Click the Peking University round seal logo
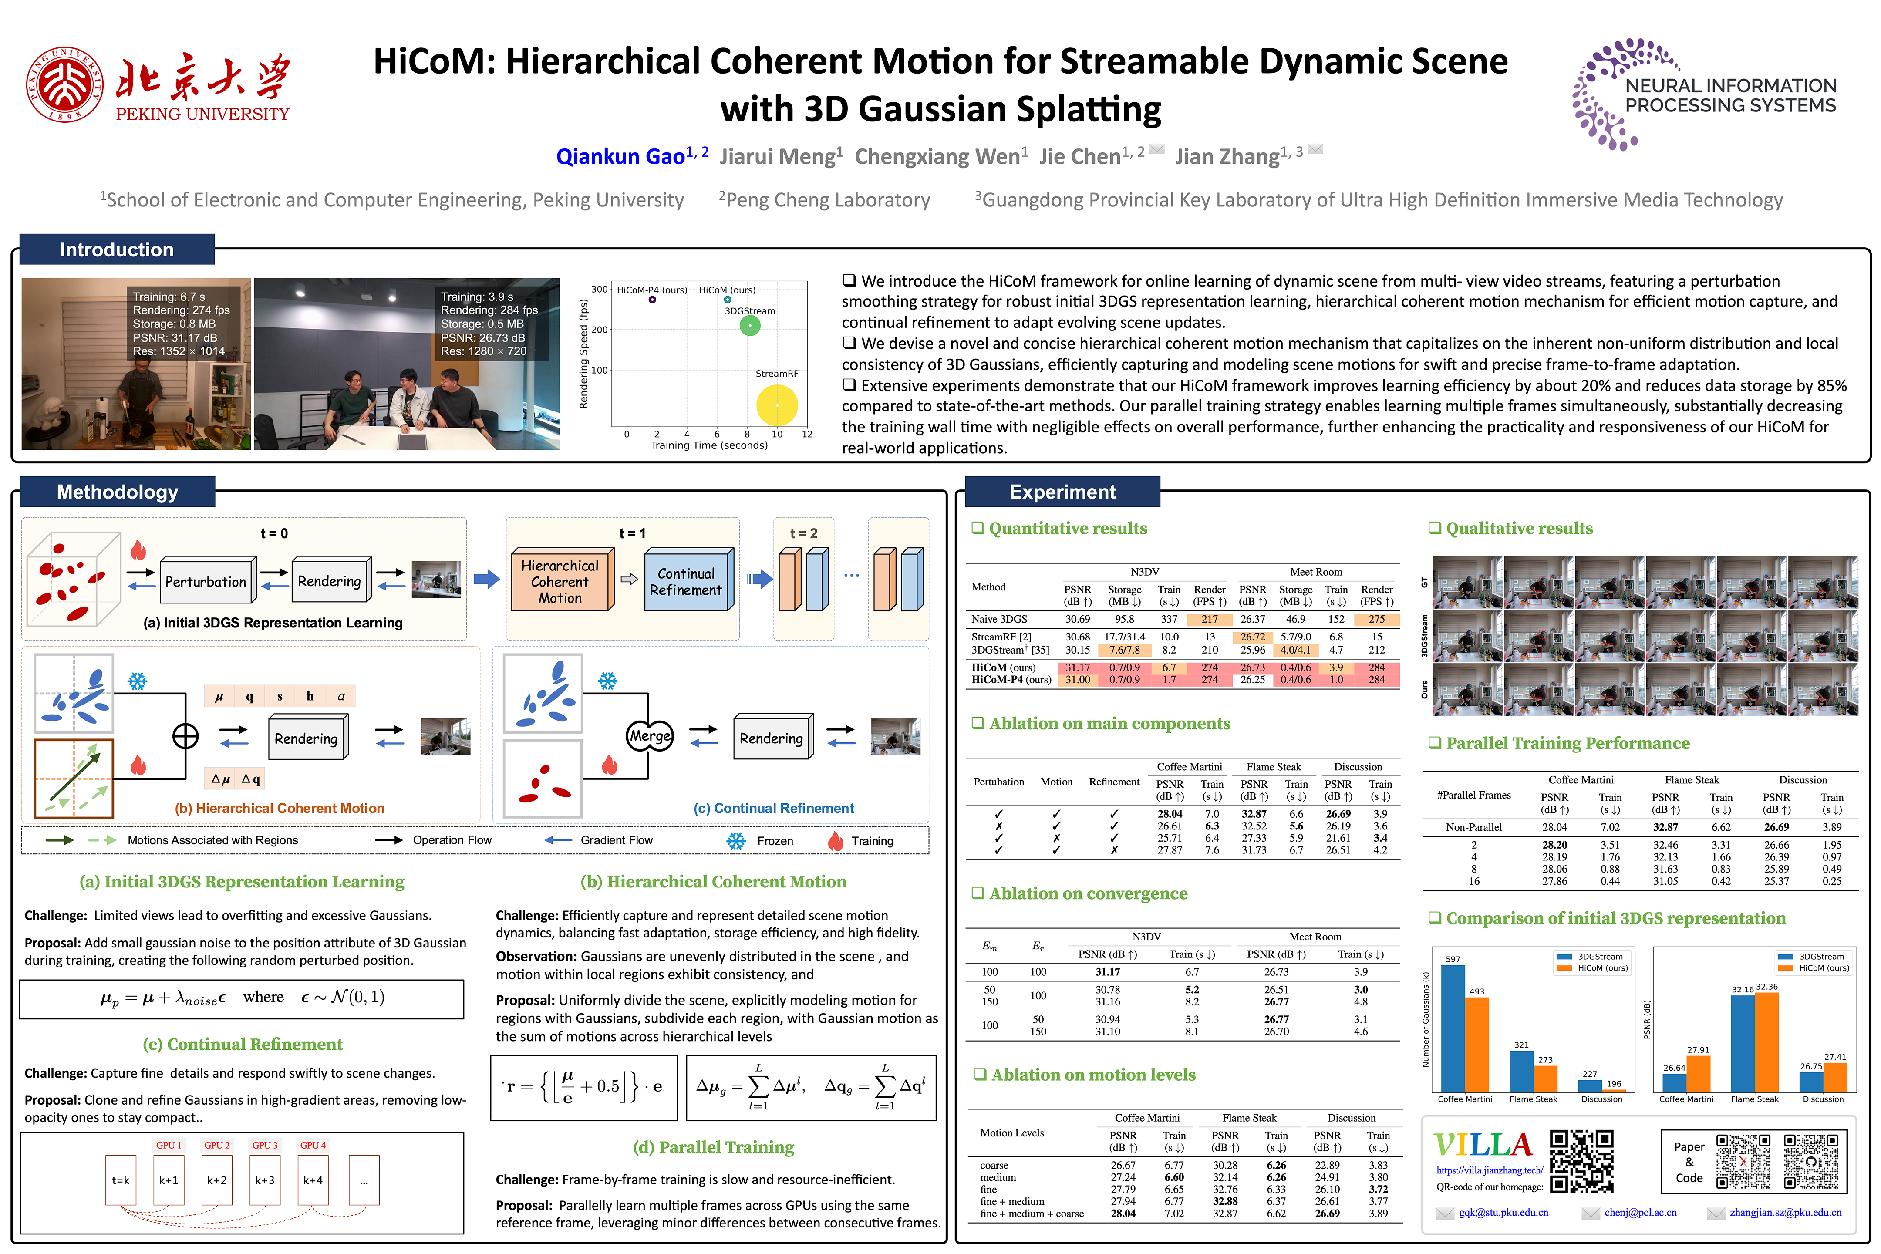(64, 84)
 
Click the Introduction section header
(117, 249)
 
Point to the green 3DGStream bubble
(749, 326)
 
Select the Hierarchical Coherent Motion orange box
(560, 581)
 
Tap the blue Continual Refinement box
(686, 581)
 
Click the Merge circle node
(649, 736)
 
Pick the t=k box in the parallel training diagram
(121, 1180)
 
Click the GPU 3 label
(265, 1145)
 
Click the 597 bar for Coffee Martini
(1453, 1028)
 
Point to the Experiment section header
(1062, 492)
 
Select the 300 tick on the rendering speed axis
(599, 290)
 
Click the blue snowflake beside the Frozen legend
(736, 840)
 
